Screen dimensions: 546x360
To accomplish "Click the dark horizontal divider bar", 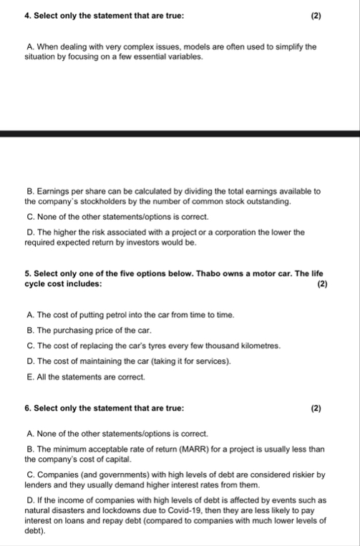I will coord(180,134).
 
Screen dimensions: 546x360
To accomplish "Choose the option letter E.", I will coord(29,376).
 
